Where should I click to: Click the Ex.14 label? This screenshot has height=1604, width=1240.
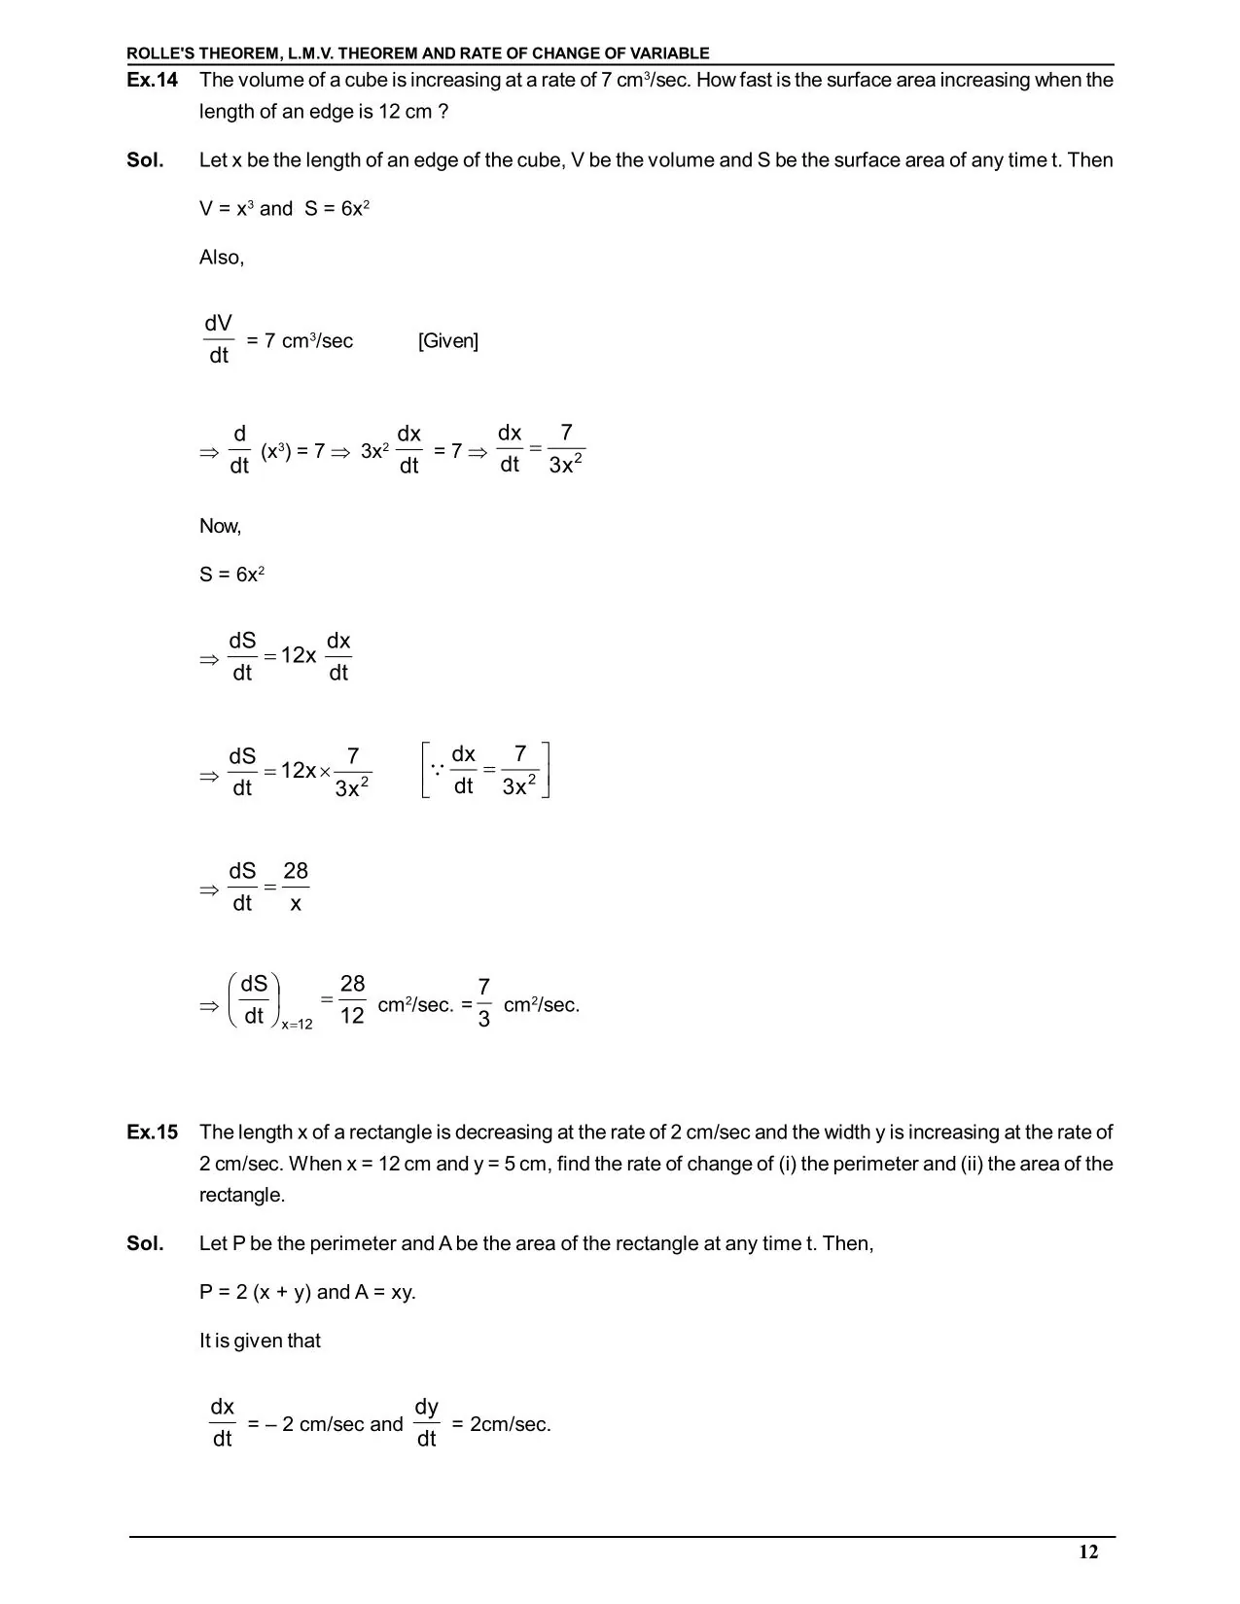click(x=152, y=81)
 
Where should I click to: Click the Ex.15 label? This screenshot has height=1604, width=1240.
click(x=152, y=1133)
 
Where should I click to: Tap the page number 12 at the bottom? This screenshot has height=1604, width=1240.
click(x=1088, y=1552)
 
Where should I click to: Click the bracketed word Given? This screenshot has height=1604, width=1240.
click(x=448, y=341)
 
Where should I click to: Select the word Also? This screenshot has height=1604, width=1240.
click(x=221, y=258)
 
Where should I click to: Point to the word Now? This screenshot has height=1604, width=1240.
click(x=220, y=526)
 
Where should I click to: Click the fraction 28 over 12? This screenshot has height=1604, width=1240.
click(x=352, y=1000)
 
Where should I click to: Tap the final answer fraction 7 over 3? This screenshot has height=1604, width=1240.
click(x=484, y=1003)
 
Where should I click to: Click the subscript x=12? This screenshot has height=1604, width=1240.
click(x=297, y=1025)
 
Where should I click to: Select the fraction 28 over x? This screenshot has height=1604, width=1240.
click(x=296, y=888)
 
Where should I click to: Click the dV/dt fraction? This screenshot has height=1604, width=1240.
click(x=219, y=339)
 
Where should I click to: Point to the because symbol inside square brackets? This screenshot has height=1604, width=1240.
click(x=437, y=769)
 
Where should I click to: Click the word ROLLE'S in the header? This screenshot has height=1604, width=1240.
click(x=161, y=53)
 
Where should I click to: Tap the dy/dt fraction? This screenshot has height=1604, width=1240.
click(x=426, y=1422)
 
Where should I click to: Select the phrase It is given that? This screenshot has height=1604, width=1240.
click(x=260, y=1341)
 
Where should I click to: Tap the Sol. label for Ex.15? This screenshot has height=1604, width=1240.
click(x=145, y=1243)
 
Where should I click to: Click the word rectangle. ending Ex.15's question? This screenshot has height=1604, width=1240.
click(x=242, y=1195)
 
